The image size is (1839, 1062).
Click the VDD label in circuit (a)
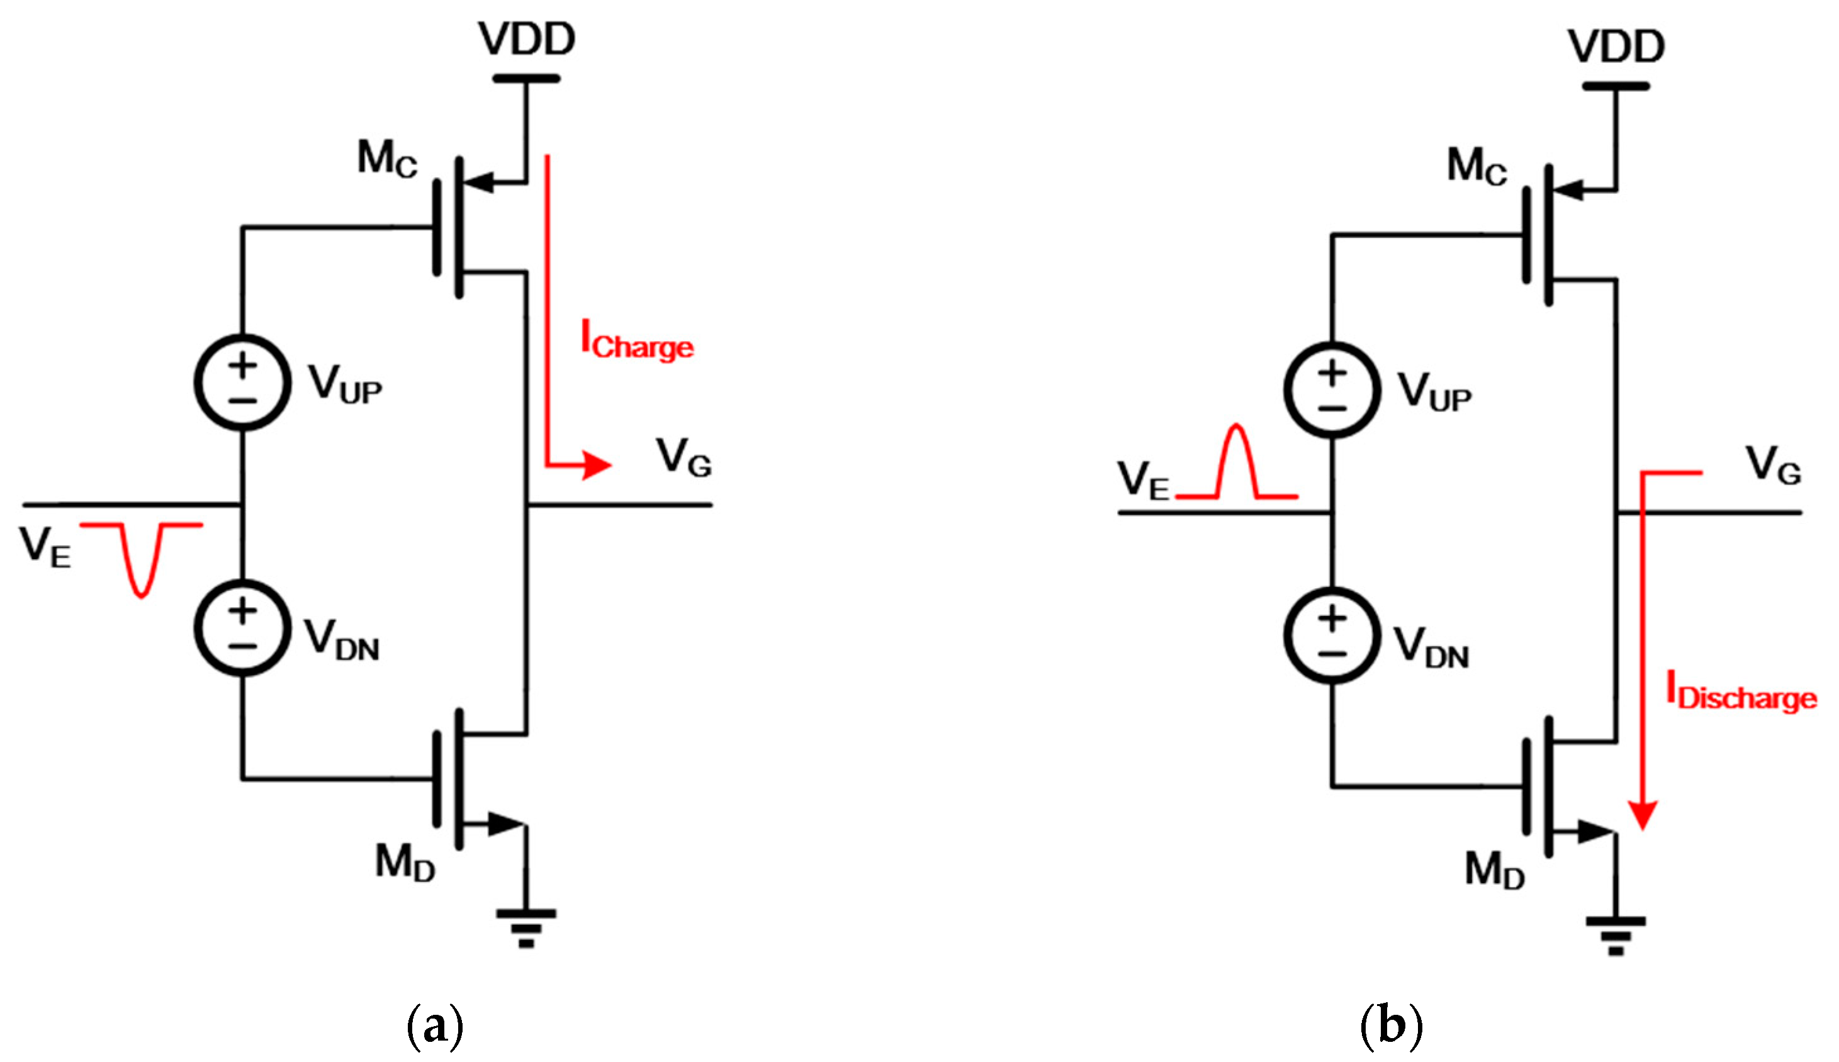click(x=527, y=40)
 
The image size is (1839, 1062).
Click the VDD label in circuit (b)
click(x=1616, y=47)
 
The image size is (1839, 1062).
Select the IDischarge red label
click(x=1741, y=692)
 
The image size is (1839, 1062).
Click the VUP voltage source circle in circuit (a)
click(x=243, y=382)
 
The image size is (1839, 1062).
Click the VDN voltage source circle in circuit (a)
click(x=243, y=628)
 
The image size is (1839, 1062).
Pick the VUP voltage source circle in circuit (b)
click(x=1332, y=390)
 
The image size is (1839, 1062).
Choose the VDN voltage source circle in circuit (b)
click(x=1332, y=635)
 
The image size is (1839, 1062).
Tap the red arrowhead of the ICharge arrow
click(x=596, y=464)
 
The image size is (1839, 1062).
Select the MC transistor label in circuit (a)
click(x=386, y=159)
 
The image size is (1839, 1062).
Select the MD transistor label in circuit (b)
click(x=1494, y=870)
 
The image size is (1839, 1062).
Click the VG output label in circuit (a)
click(x=683, y=457)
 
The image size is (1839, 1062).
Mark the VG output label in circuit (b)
click(x=1773, y=466)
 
